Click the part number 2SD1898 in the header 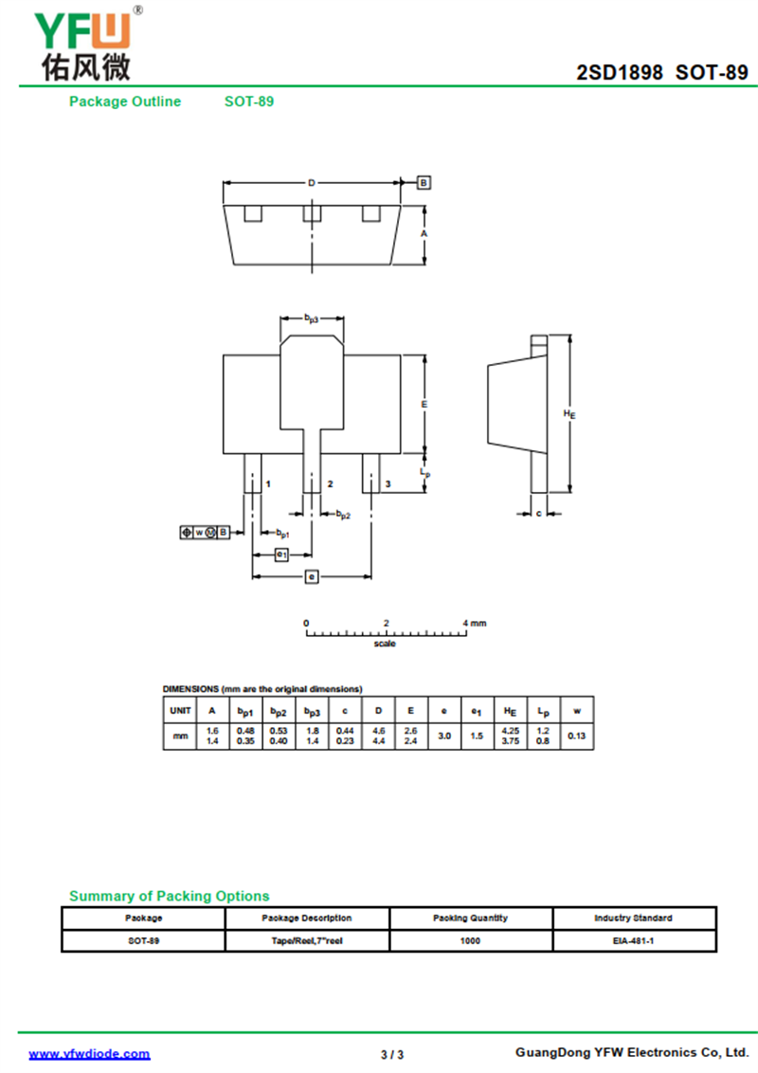pos(619,73)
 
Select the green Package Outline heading pos(125,101)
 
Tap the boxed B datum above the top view pos(424,183)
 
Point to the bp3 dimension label pos(312,318)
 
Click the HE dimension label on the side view pos(569,413)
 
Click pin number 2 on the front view pos(330,483)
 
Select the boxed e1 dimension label pos(281,555)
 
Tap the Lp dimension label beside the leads pos(424,472)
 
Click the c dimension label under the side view pos(539,513)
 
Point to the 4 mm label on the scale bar pos(474,623)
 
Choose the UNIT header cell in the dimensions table pos(180,710)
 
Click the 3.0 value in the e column pos(444,736)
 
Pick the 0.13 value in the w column pos(577,736)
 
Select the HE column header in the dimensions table pos(510,711)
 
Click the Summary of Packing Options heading pos(169,896)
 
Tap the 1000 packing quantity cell pos(470,941)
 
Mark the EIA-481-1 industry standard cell pos(634,941)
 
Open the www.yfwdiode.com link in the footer pos(90,1053)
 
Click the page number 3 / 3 pos(392,1055)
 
